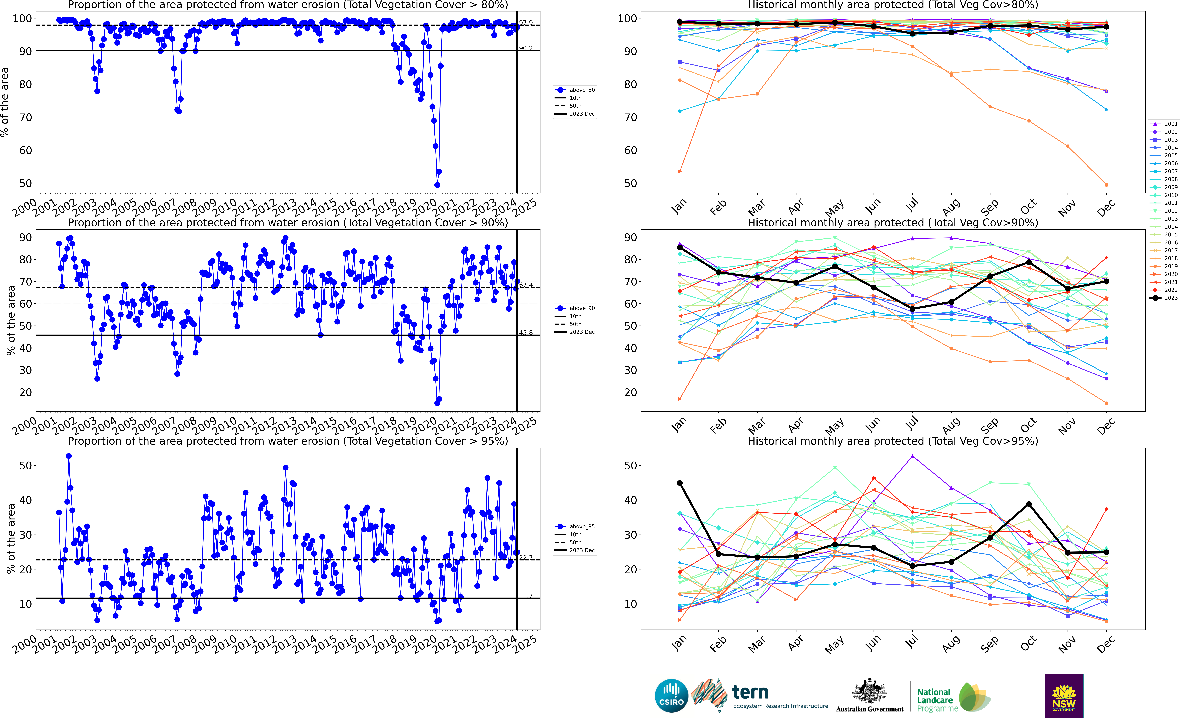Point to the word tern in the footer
[750, 692]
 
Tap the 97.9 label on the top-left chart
[526, 23]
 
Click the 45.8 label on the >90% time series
[526, 333]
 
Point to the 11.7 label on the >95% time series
[526, 596]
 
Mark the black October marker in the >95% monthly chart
[1029, 504]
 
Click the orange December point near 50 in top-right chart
[1106, 185]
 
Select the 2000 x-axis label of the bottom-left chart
[25, 645]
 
